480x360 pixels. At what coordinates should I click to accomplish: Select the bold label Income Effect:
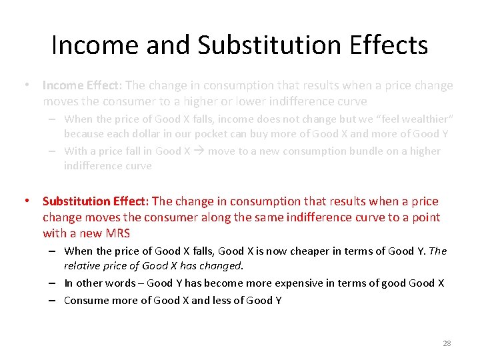(x=82, y=85)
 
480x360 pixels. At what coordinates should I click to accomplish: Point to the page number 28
(x=447, y=343)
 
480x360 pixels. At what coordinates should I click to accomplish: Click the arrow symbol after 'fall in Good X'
(x=199, y=151)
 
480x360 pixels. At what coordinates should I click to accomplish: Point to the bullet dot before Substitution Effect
(x=27, y=201)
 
